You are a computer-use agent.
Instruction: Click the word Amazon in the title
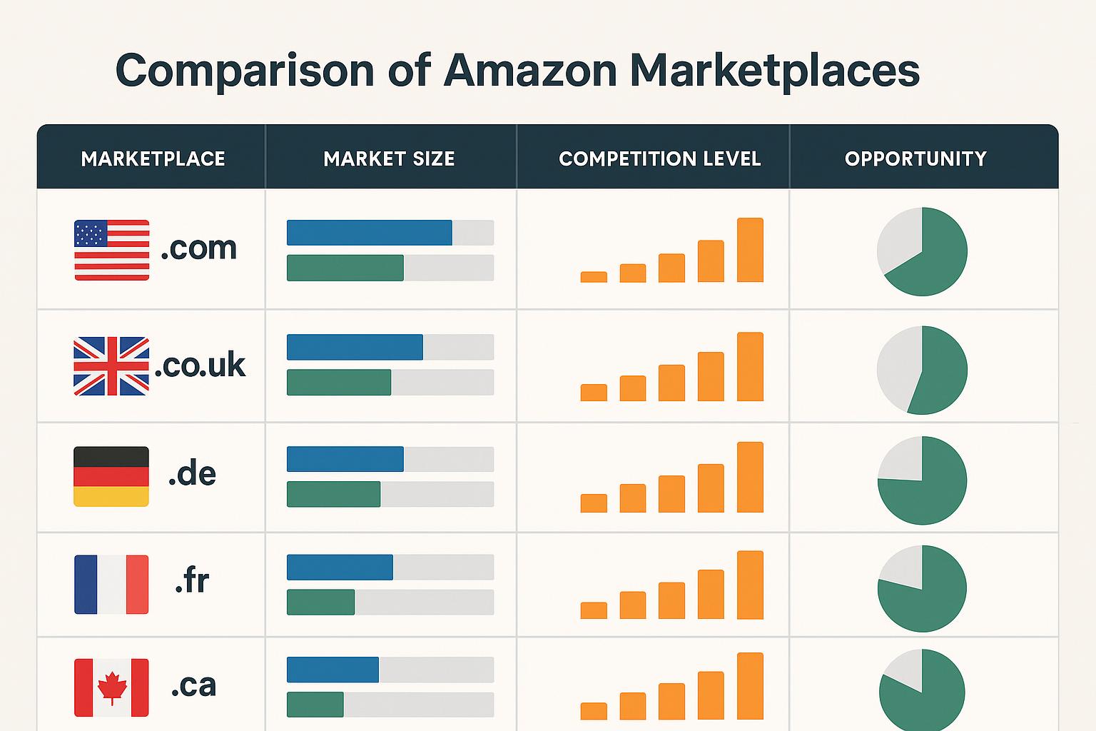pos(529,71)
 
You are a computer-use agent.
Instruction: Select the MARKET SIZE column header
pos(389,158)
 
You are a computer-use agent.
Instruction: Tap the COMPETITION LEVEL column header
pos(659,158)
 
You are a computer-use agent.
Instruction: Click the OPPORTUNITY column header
pos(915,158)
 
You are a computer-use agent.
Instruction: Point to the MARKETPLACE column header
pos(153,158)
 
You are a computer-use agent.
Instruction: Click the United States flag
pos(111,250)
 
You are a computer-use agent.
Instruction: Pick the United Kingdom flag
pos(111,366)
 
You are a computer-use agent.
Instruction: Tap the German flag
pos(111,476)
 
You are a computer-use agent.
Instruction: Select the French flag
pos(111,585)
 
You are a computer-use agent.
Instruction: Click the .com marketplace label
pos(198,248)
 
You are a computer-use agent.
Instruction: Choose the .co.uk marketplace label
pos(200,365)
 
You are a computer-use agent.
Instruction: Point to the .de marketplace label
pos(192,474)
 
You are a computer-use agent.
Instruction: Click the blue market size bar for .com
pos(369,233)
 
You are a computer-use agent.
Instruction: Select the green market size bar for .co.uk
pos(339,383)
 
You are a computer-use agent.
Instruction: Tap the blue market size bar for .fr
pos(340,568)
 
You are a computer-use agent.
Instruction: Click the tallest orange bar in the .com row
pos(750,250)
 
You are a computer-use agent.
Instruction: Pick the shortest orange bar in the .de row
pos(594,503)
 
